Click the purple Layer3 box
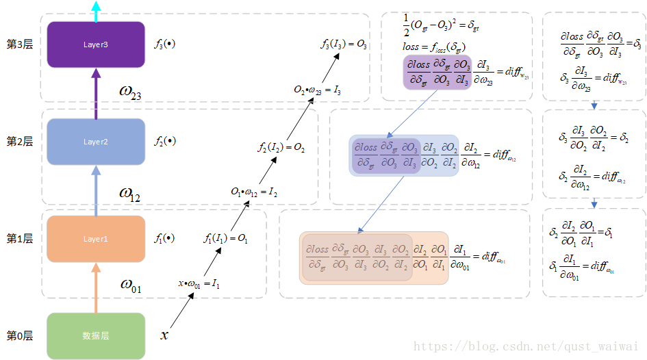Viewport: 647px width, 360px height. click(x=96, y=44)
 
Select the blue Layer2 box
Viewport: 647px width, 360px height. click(x=96, y=142)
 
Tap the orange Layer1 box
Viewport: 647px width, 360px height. click(x=96, y=239)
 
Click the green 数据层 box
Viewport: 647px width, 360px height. click(x=96, y=336)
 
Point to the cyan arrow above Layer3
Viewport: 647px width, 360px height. click(x=96, y=10)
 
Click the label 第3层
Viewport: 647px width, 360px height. click(x=19, y=44)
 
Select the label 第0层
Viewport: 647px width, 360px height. click(x=19, y=336)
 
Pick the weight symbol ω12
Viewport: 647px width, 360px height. click(x=129, y=194)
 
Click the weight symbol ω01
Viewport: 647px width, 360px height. click(x=130, y=285)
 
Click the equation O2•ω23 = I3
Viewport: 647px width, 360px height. click(x=317, y=90)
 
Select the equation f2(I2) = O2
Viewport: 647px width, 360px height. click(x=281, y=146)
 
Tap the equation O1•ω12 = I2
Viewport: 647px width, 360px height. click(x=253, y=193)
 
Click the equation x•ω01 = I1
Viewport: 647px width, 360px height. click(x=199, y=283)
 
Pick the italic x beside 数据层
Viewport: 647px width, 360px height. click(x=164, y=335)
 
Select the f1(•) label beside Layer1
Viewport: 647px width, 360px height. click(x=164, y=239)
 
